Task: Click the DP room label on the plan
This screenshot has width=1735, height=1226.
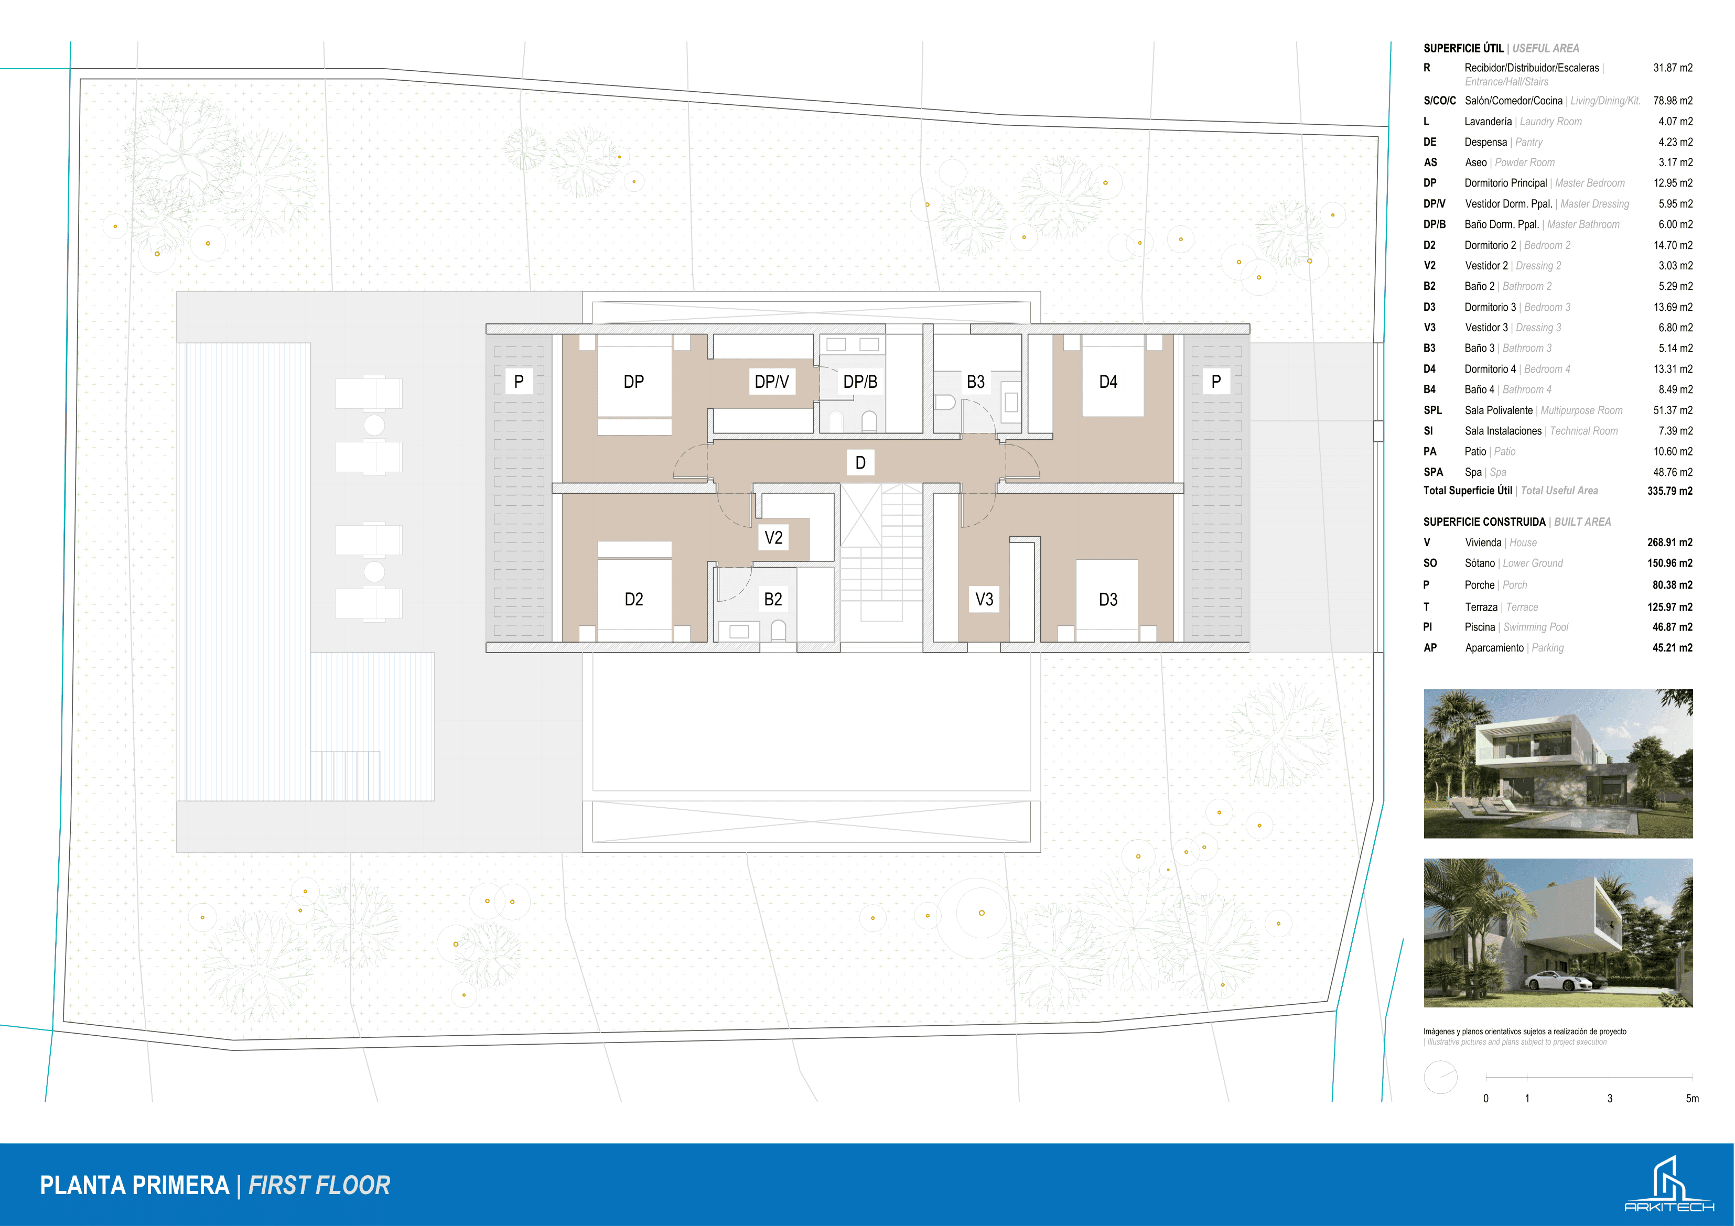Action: [633, 382]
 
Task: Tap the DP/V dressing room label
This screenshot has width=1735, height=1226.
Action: [771, 382]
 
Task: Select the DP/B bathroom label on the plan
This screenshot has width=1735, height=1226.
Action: [860, 382]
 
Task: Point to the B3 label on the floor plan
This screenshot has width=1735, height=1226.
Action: [976, 382]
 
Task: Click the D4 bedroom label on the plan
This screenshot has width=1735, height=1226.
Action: [1108, 382]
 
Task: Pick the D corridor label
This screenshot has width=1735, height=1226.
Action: [860, 463]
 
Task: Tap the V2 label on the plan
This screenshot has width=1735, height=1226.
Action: [773, 538]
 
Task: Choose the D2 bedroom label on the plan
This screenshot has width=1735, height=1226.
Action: [633, 600]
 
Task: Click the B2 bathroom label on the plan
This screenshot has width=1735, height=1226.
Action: [772, 600]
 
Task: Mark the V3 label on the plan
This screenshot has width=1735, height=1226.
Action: [984, 600]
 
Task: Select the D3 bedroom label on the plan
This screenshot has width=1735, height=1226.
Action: [1108, 600]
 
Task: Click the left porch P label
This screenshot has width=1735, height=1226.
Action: [519, 382]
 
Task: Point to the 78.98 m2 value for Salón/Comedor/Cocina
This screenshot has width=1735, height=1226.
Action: [1673, 101]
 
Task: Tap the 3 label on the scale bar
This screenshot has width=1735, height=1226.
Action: [1610, 1098]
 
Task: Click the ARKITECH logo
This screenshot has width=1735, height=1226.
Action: [1668, 1184]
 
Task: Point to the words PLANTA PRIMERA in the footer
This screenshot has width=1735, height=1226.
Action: [135, 1185]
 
